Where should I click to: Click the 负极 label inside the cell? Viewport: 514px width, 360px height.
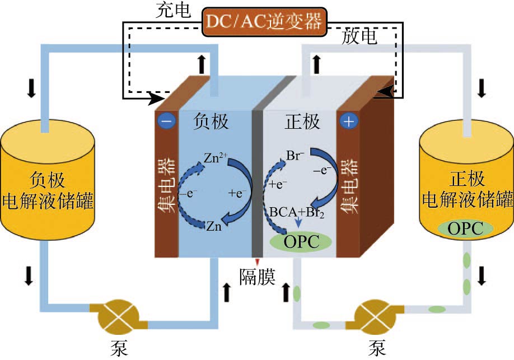click(211, 121)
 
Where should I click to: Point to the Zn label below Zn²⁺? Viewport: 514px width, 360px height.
click(213, 227)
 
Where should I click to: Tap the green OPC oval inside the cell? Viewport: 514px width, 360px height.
click(301, 241)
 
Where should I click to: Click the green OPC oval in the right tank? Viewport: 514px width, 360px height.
click(465, 228)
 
